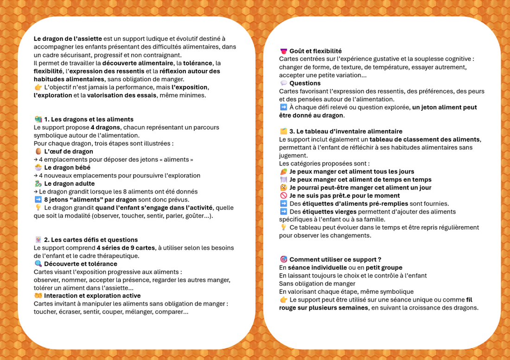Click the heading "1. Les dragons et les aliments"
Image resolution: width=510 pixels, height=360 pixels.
[89, 120]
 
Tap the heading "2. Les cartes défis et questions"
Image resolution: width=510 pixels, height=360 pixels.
[91, 240]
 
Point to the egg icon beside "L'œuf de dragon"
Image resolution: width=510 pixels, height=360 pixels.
[38, 152]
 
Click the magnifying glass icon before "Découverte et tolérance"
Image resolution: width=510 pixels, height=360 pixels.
[38, 264]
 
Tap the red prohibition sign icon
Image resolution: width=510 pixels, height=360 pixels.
[283, 196]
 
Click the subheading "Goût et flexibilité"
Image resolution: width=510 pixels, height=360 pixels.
[315, 51]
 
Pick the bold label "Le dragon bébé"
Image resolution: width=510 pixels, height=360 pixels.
[67, 167]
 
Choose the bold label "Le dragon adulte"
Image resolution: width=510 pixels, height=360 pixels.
[70, 183]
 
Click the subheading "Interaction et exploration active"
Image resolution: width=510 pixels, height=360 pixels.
[92, 296]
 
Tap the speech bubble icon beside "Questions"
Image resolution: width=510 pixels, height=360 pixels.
[283, 83]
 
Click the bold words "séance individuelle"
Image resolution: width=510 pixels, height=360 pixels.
[317, 267]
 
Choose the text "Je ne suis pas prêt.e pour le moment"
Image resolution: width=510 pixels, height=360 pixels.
[344, 196]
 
